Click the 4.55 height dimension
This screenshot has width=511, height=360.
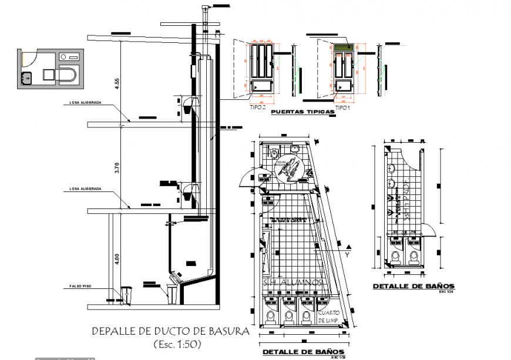[116, 82]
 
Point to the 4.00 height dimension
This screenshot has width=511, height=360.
[116, 258]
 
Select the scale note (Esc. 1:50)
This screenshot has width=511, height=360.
[176, 344]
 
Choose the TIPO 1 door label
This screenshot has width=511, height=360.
[342, 109]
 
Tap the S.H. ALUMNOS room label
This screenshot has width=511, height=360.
[293, 283]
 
